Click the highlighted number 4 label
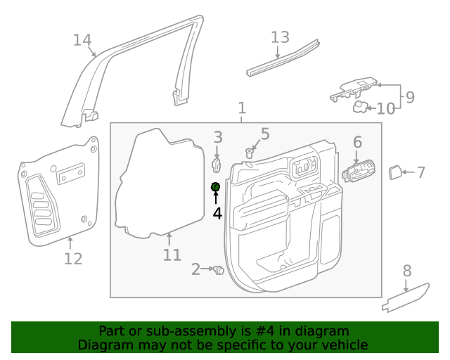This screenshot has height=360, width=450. pos(217,213)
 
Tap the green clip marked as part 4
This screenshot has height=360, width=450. pos(216,186)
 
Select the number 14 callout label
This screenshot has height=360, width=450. pos(83,40)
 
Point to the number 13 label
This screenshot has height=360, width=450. pos(280,37)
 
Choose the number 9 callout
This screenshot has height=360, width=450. pos(410,96)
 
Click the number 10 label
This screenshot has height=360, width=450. pos(386,109)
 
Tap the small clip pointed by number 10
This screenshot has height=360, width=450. pos(360,107)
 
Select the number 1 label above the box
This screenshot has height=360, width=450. pos(242,108)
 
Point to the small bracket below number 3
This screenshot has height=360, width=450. pos(217,164)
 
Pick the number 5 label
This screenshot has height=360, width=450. pos(265,134)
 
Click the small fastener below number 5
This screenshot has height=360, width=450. pos(250,153)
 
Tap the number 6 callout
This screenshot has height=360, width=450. pos(357,143)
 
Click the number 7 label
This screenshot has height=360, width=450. pos(421,172)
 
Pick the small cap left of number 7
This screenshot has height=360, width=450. pos(395,172)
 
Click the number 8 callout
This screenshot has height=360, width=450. pos(407,271)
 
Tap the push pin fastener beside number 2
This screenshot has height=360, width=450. pos(218,269)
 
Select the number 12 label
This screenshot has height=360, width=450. pos(73,259)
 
